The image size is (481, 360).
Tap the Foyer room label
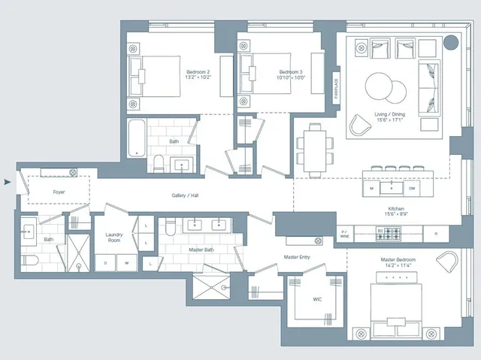pos(59,192)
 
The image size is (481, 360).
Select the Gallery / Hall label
pos(185,195)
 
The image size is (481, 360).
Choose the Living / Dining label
pos(389,114)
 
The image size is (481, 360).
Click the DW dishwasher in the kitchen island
pos(412,189)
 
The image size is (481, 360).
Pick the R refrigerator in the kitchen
pos(436,234)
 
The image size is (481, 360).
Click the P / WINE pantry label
pos(345,234)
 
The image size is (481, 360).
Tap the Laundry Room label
pos(114,237)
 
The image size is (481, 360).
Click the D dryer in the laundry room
pos(105,262)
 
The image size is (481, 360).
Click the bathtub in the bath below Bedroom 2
pos(136,138)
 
